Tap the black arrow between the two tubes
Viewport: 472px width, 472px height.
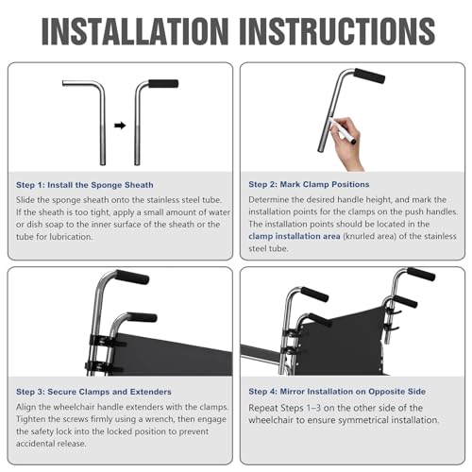click(119, 124)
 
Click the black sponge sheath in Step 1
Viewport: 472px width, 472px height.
click(164, 84)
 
